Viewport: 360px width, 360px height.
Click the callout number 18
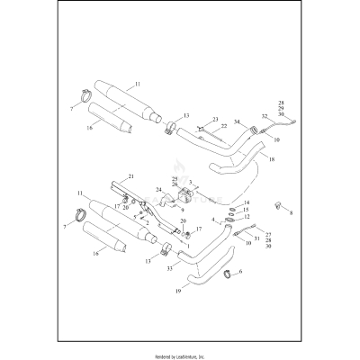pos(272,158)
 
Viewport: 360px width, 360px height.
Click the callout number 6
pos(239,270)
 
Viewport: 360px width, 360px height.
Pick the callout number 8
pos(291,212)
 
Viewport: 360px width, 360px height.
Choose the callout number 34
pos(238,123)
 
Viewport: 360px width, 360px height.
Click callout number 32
pos(265,116)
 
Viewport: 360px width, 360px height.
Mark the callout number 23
pos(216,120)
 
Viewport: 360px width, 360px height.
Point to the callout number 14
pos(247,203)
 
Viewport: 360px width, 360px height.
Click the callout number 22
pos(224,127)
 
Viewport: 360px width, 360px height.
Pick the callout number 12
pos(247,217)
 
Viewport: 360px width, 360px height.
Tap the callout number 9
pos(184,210)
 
